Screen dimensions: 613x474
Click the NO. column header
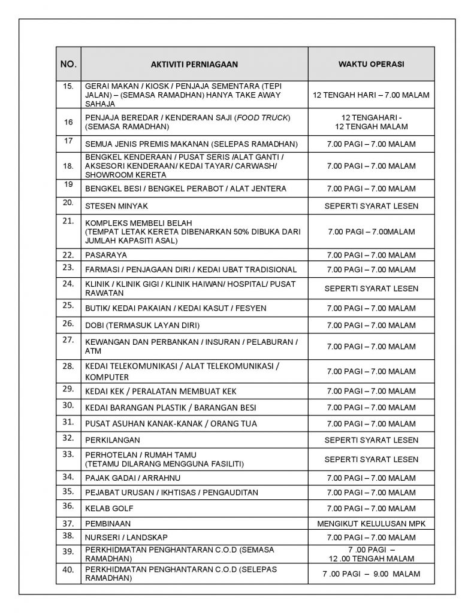point(68,63)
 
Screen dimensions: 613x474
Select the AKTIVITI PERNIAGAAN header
point(194,63)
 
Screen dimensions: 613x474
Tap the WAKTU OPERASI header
point(371,63)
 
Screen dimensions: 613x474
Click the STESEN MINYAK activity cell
point(116,205)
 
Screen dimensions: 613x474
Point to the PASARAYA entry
point(105,254)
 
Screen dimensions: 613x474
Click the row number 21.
point(68,222)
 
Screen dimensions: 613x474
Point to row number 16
point(68,122)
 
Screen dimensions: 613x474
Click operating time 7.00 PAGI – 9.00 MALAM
point(371,573)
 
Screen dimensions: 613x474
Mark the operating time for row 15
point(371,95)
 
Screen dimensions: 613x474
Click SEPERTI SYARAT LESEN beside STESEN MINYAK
point(371,205)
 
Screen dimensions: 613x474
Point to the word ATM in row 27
point(93,351)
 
